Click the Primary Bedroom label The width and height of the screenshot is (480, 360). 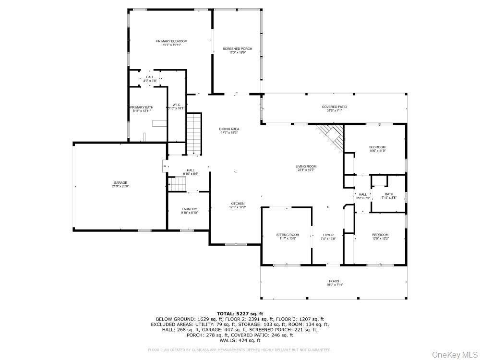pos(171,41)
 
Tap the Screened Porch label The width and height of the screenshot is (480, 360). pos(237,49)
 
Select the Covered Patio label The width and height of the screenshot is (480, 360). pos(334,107)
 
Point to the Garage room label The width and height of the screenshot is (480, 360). pos(120,182)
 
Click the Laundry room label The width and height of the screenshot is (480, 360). pos(189,209)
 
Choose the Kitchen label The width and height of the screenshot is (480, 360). pos(237,204)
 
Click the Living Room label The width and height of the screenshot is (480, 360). pos(306,167)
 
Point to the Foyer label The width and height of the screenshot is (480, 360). pos(328,235)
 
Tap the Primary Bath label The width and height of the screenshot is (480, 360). pos(142,107)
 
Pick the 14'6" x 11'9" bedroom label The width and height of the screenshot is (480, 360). pos(377,147)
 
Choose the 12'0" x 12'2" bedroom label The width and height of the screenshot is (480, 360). pos(380,235)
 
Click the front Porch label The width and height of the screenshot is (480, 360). pos(335,281)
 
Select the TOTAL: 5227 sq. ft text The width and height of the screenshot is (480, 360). pos(240,313)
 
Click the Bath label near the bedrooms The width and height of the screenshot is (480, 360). pos(388,194)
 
